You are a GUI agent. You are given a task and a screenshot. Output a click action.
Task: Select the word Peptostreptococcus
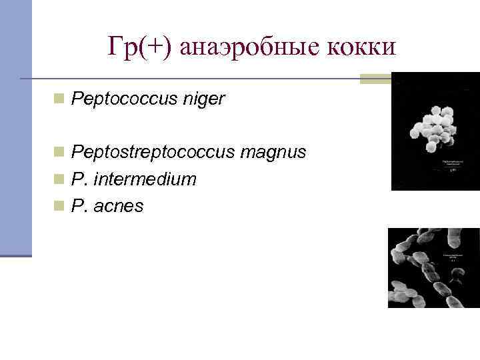click(x=153, y=153)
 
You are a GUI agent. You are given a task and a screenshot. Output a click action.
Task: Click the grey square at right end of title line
click(x=377, y=79)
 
